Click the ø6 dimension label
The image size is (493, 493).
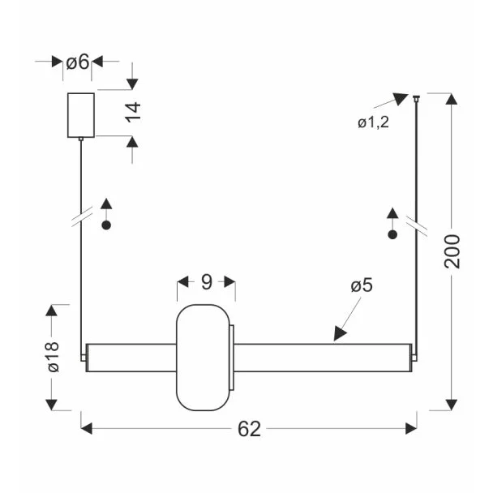coord(78,62)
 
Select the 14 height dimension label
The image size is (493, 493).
coord(133,112)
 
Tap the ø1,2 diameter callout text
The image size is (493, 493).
coord(373,122)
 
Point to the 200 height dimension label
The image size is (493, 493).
coord(452,251)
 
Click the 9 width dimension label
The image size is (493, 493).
coord(207,281)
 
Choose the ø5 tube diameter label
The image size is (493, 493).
coord(362,285)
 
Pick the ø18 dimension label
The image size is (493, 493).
coord(54,357)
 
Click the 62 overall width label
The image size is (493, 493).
coord(249,429)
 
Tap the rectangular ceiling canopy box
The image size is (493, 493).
coord(81,115)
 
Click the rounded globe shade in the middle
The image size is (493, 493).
coord(203,358)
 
